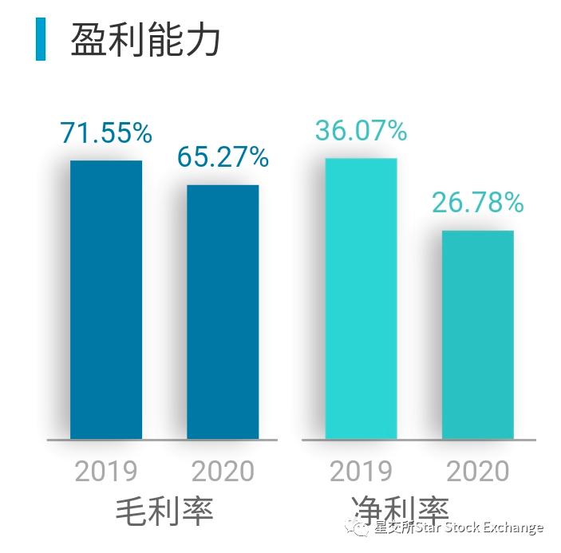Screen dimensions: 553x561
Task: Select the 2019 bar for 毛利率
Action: pyautogui.click(x=106, y=299)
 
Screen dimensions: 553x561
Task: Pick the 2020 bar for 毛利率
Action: pyautogui.click(x=223, y=311)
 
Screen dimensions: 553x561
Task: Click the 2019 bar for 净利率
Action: pyautogui.click(x=361, y=298)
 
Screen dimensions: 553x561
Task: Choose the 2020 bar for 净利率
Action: pyautogui.click(x=478, y=334)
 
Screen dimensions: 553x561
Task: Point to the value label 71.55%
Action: pyautogui.click(x=106, y=133)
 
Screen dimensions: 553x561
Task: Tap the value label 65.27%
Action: pyautogui.click(x=223, y=157)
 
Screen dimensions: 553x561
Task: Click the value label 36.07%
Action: pyautogui.click(x=361, y=130)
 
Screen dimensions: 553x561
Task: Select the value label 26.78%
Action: pyautogui.click(x=478, y=203)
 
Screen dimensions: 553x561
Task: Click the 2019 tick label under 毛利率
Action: pyautogui.click(x=106, y=471)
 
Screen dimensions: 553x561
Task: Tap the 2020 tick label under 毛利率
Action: pyautogui.click(x=223, y=471)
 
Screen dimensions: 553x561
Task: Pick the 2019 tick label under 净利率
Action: pyautogui.click(x=361, y=471)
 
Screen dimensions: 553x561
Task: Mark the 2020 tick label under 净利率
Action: pyautogui.click(x=478, y=471)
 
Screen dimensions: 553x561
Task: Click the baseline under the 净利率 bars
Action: pyautogui.click(x=419, y=440)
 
